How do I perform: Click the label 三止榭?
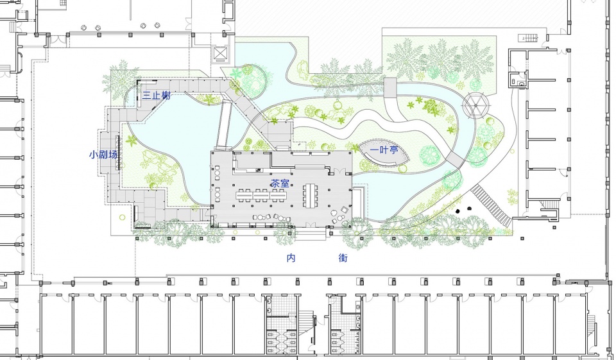click(x=156, y=96)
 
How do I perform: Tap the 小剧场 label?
click(x=104, y=155)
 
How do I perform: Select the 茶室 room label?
click(x=279, y=184)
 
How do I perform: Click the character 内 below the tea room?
click(x=291, y=259)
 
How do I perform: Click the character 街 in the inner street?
click(x=343, y=259)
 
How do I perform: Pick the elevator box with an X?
click(x=221, y=54)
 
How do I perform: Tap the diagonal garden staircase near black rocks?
click(x=492, y=204)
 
